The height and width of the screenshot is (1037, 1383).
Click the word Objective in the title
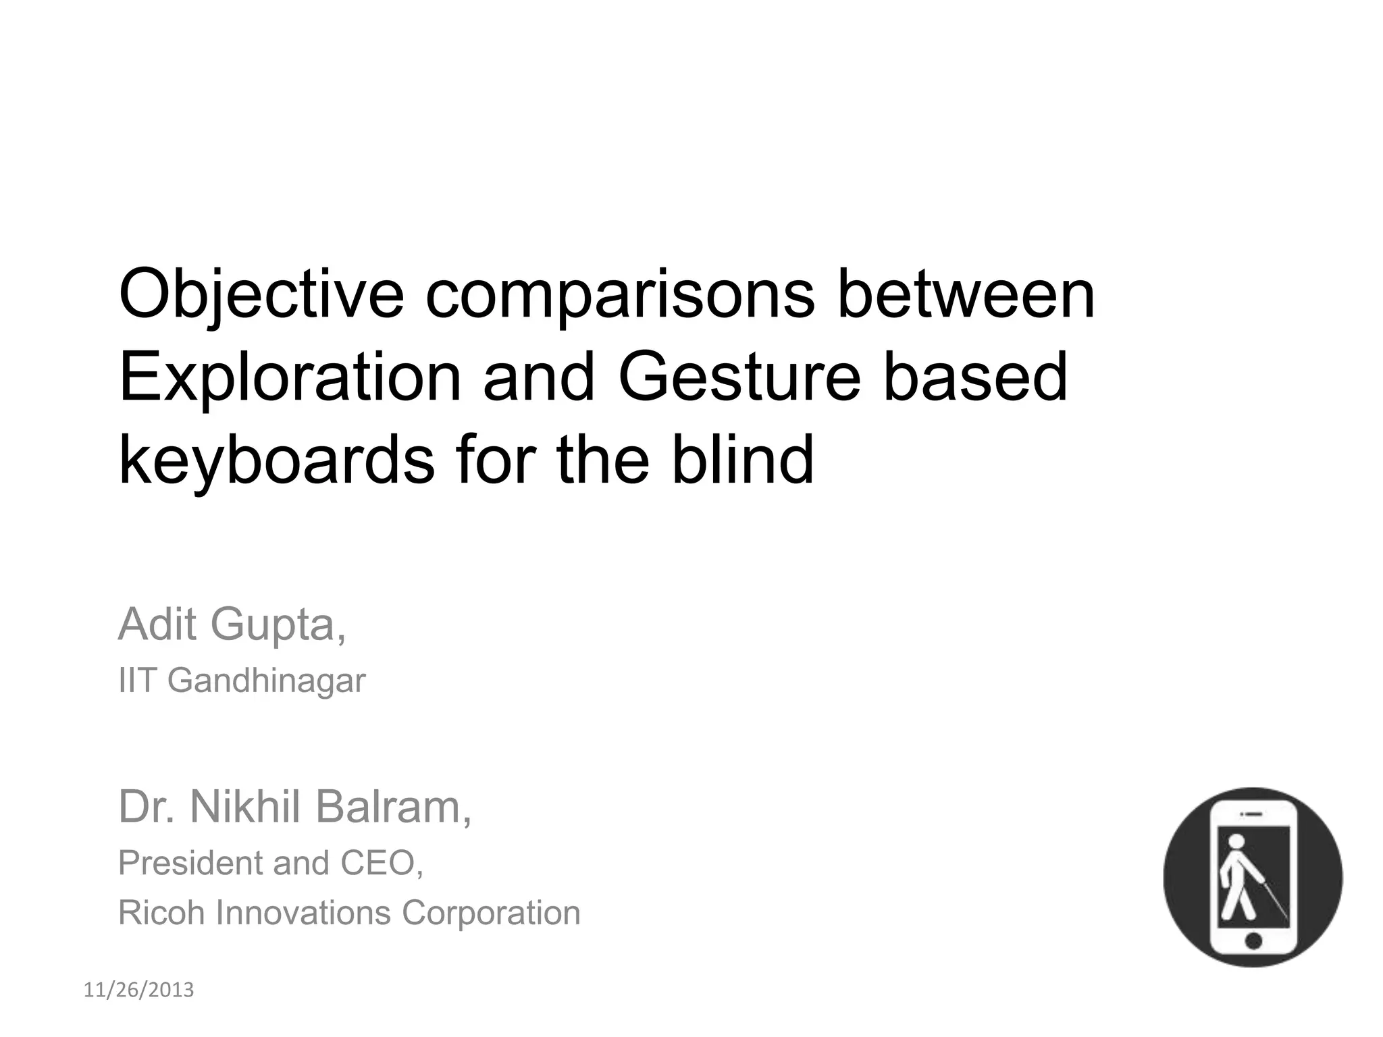coord(261,295)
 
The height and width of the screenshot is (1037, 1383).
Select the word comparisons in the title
coord(620,295)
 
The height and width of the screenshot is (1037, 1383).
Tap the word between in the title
coord(966,295)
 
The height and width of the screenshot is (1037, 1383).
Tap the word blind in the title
coord(742,460)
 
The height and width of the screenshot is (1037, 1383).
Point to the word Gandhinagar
coord(266,681)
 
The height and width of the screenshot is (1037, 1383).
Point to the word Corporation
coord(491,913)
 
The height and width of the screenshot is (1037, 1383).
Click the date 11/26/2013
coord(138,990)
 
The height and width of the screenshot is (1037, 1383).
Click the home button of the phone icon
coord(1253,940)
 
